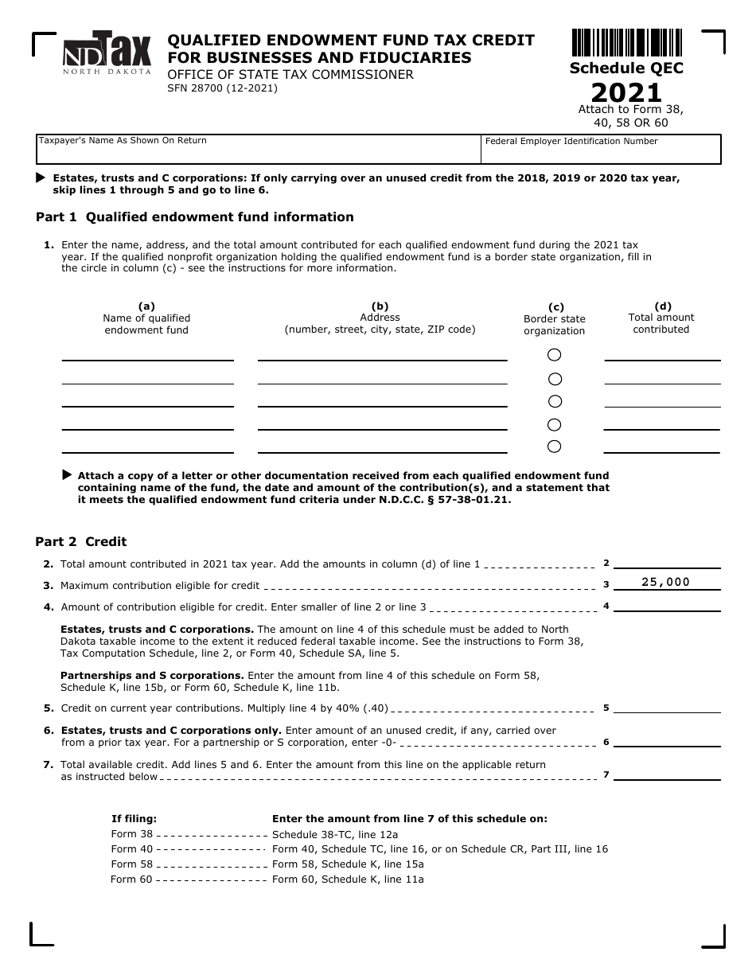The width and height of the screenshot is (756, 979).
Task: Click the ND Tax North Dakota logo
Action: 107,53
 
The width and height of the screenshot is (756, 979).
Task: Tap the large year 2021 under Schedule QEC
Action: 626,92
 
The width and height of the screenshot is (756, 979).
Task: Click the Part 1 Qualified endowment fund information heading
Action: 195,217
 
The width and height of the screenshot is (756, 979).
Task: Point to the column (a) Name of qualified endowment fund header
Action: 146,318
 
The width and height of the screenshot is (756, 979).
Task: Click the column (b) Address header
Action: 380,318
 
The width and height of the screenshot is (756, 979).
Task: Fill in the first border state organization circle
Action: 555,354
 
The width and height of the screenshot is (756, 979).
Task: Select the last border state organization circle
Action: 555,447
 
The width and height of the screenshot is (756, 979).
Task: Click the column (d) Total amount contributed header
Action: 661,317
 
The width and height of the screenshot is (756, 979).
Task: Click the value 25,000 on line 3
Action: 666,582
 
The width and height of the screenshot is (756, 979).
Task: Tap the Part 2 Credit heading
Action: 81,542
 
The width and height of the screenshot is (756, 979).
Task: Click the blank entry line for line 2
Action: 667,562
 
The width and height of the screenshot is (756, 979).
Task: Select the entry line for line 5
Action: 667,707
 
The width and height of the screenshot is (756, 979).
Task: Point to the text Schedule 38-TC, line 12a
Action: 335,834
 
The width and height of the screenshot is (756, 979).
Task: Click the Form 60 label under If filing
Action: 131,880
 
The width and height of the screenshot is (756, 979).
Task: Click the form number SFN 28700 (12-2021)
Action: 222,88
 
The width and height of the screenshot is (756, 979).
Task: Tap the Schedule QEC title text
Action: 626,68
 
